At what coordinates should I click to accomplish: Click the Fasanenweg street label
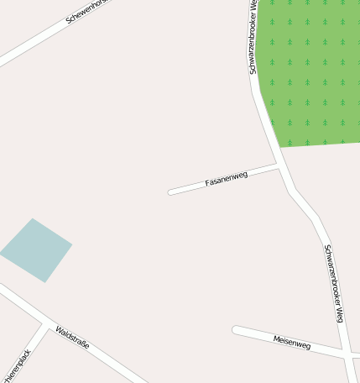[227, 178]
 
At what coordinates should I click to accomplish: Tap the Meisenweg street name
[292, 342]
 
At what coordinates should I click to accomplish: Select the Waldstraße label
[73, 339]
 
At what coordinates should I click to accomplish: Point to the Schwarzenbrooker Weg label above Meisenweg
[334, 283]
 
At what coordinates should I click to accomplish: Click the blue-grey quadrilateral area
[36, 250]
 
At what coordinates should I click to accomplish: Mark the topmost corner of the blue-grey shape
[33, 218]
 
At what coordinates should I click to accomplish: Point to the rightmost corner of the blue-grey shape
[72, 245]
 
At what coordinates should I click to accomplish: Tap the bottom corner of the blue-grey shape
[44, 282]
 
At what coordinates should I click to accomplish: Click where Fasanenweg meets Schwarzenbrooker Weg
[279, 166]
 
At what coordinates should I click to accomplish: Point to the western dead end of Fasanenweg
[170, 192]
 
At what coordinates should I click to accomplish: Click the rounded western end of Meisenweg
[237, 329]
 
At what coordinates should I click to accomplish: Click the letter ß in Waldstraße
[80, 344]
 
